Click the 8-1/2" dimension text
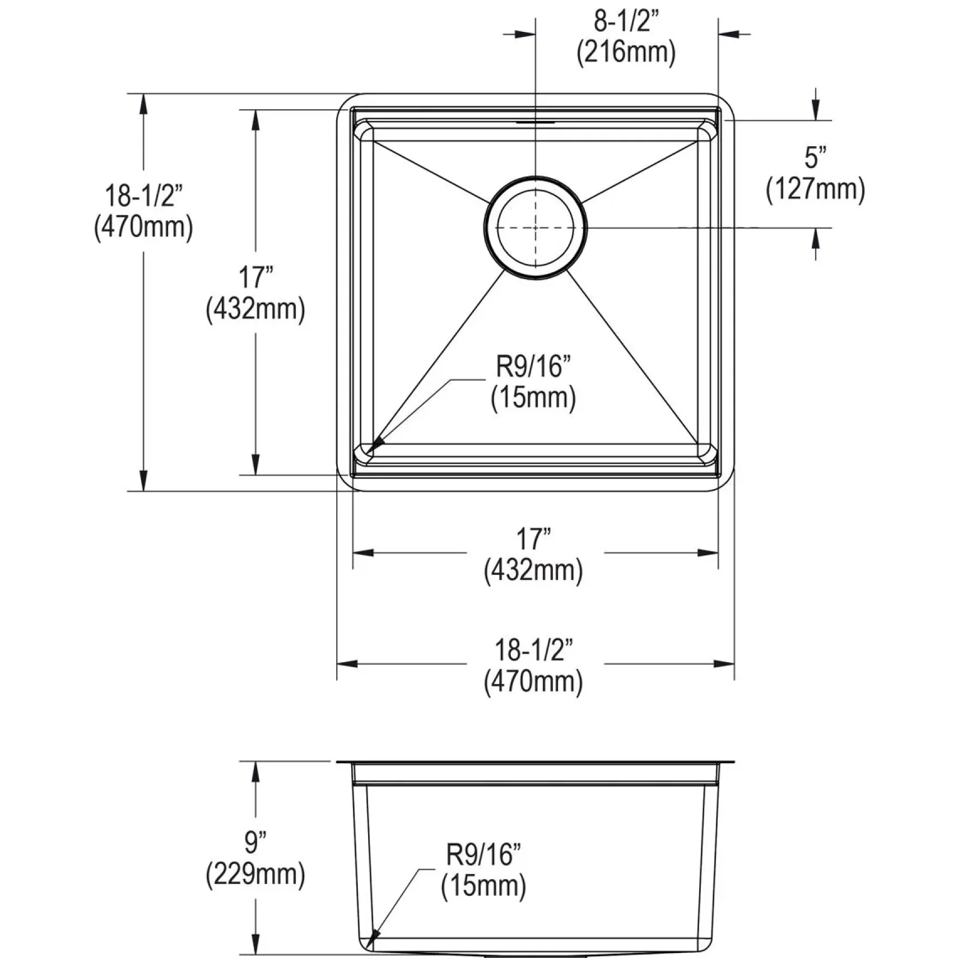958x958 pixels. coord(626,22)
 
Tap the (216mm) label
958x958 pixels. coord(626,53)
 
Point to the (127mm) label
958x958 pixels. coord(815,189)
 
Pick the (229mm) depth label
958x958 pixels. coord(255,873)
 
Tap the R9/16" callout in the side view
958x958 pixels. coord(483,855)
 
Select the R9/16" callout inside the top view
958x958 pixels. coord(533,367)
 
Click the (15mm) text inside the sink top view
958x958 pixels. coord(533,398)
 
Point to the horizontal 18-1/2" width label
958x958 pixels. coord(534,650)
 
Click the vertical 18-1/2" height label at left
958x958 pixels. coord(144,196)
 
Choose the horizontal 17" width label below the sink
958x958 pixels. coord(534,540)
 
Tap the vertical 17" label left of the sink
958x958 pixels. coord(256,277)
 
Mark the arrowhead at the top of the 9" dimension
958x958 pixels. coord(255,771)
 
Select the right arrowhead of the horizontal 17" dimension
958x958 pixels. coord(708,553)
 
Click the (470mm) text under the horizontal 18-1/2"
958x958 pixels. coord(533,682)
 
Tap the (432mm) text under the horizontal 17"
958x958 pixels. coord(533,571)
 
